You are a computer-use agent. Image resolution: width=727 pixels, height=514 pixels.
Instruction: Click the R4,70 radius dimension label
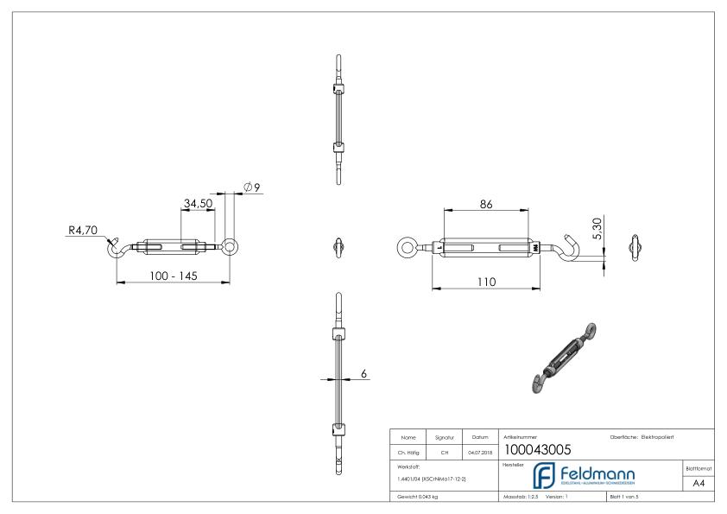pyautogui.click(x=84, y=231)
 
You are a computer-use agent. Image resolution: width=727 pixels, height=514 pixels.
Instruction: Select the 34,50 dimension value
pyautogui.click(x=198, y=203)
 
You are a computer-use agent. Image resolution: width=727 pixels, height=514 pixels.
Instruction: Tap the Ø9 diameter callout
pyautogui.click(x=252, y=188)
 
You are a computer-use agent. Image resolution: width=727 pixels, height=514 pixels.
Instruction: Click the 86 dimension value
pyautogui.click(x=486, y=204)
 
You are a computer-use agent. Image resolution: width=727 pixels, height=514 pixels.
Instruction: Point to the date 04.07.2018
pyautogui.click(x=479, y=449)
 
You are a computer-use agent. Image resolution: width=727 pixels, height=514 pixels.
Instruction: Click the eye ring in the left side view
pyautogui.click(x=231, y=247)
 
